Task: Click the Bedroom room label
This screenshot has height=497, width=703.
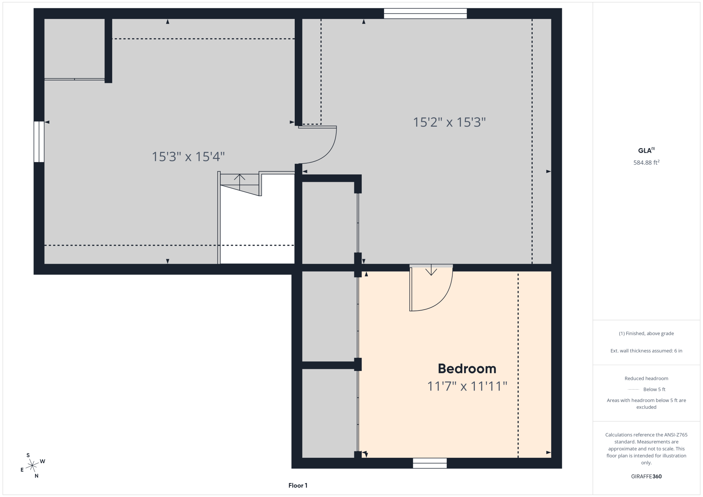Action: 467,369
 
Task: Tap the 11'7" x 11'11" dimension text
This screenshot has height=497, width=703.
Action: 467,386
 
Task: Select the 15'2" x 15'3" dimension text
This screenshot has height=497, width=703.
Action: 449,122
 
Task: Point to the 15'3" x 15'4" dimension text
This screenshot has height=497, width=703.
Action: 188,157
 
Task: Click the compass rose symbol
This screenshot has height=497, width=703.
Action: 32,466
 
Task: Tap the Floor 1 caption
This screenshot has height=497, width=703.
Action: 298,486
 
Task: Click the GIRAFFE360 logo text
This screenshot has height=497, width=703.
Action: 646,476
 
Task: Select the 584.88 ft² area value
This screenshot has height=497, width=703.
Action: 646,163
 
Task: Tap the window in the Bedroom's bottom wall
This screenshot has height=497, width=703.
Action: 430,463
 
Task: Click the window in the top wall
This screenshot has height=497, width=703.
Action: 425,14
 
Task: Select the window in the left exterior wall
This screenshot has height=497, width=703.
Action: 39,142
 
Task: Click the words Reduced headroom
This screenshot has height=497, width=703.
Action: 646,378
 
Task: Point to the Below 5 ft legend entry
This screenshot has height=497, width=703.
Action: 646,390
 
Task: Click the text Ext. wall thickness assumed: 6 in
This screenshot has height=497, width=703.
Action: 646,351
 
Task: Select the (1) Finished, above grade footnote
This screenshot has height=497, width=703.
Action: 646,333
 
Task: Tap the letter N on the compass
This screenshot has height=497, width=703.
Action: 37,476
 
